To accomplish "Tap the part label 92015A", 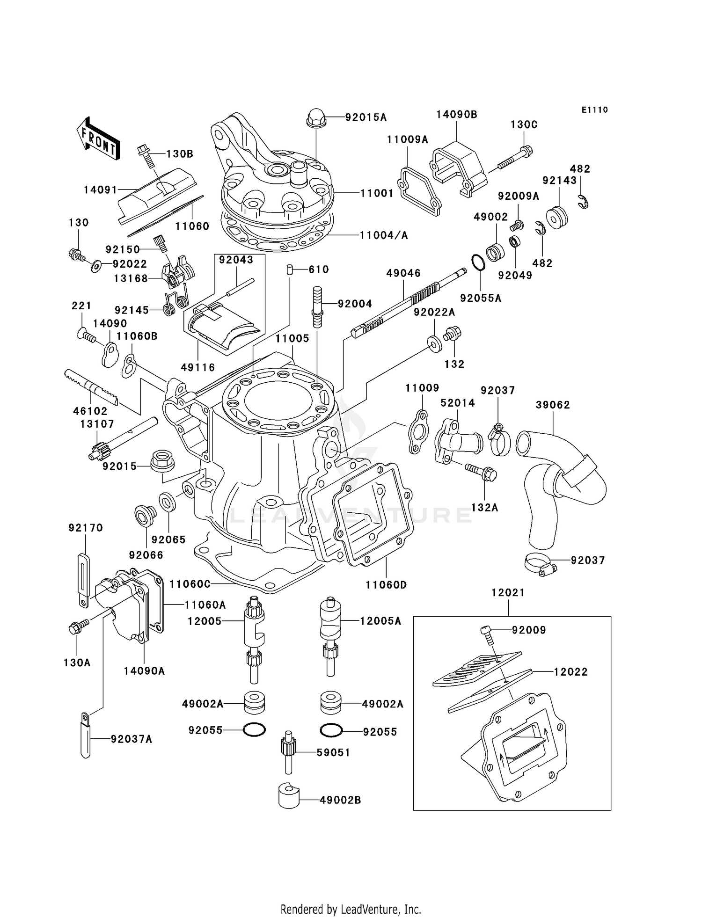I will pos(366,117).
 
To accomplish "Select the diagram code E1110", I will pos(594,110).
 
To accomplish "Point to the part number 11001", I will pos(377,193).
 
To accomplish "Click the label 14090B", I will pos(456,115).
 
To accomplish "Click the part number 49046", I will pos(403,273).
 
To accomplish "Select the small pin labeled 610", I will pos(290,270).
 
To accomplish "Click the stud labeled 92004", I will pos(317,307).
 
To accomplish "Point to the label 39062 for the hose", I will pos(553,405).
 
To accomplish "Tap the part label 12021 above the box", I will pos(508,593).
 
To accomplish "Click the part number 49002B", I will pos(340,801).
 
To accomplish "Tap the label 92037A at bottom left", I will pos(131,739).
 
